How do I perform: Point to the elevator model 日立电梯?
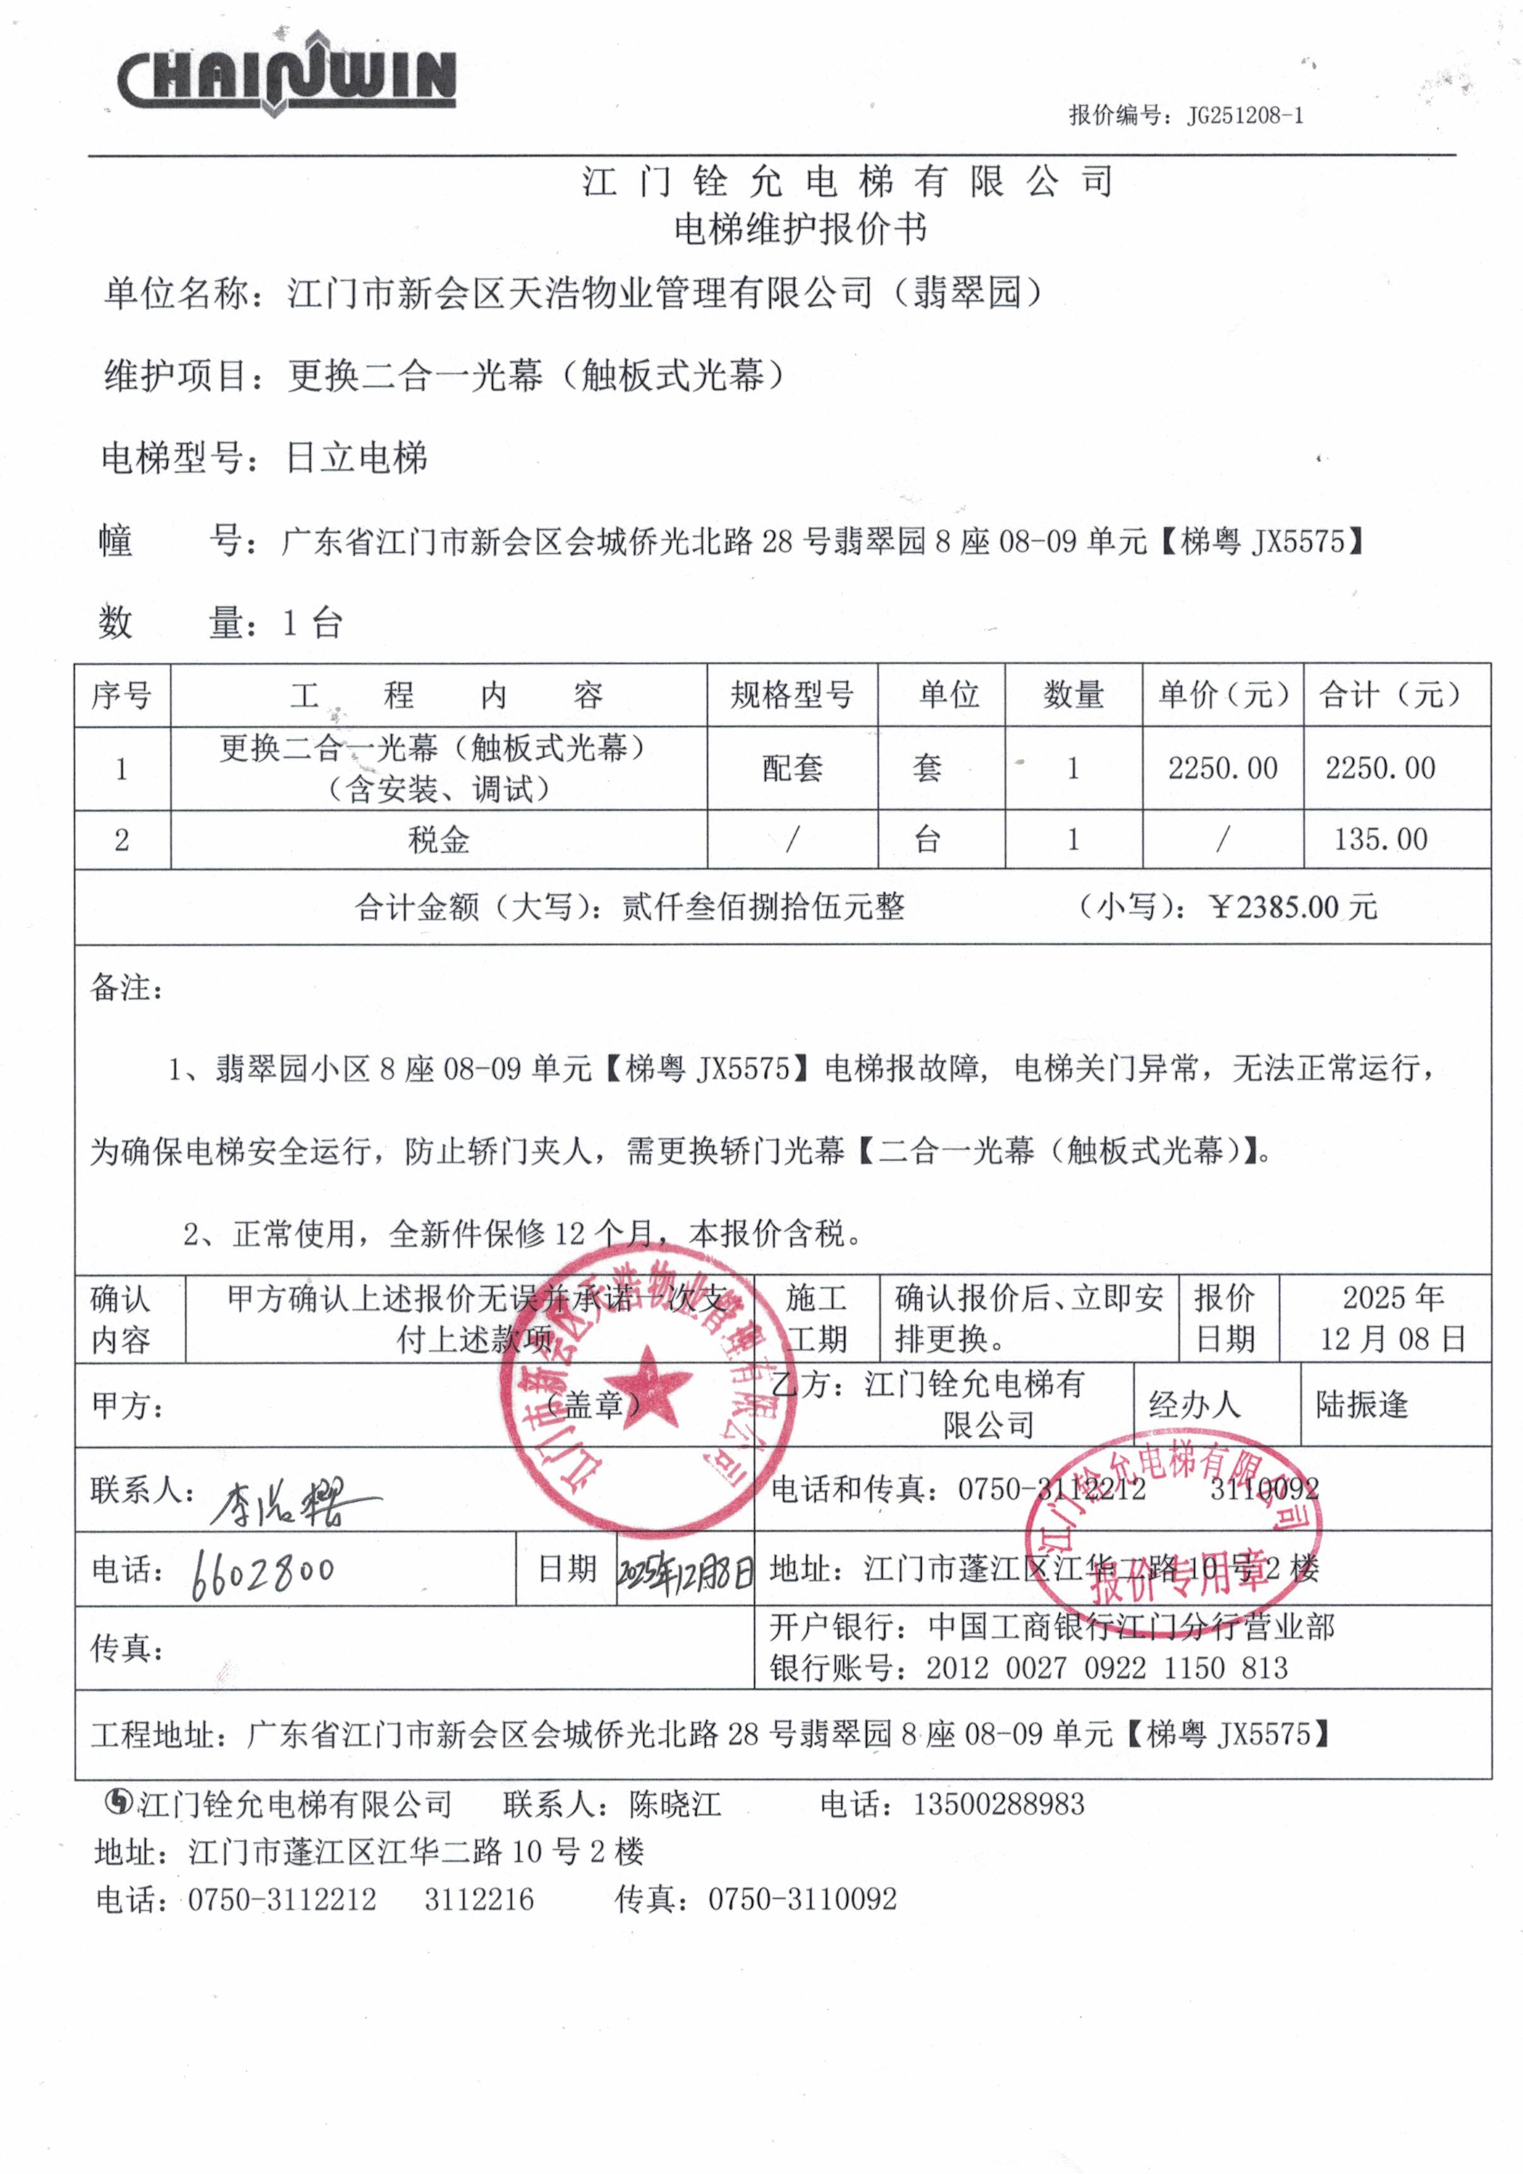[x=356, y=459]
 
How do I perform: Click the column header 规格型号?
[x=792, y=695]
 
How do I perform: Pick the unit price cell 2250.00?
[x=1222, y=768]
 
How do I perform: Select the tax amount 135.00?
[x=1380, y=839]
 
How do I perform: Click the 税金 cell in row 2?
[x=438, y=839]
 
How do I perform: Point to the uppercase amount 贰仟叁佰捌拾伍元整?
[x=763, y=907]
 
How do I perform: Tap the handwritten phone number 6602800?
[x=263, y=1572]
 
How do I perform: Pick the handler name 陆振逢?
[x=1361, y=1404]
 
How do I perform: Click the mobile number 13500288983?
[x=999, y=1804]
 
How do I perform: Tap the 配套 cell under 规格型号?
[x=792, y=768]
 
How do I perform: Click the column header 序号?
[x=121, y=695]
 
